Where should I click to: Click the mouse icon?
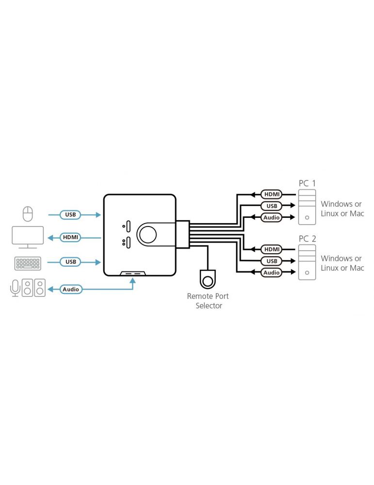[28, 214]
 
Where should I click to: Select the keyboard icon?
[28, 262]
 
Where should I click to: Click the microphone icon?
[15, 287]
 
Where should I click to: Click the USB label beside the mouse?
[70, 214]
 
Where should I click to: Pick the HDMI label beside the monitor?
[70, 238]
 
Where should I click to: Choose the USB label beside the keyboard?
[70, 262]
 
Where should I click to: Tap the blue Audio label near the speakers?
[71, 289]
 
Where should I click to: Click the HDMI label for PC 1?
[271, 194]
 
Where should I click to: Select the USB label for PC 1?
[271, 206]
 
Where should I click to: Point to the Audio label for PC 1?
[271, 217]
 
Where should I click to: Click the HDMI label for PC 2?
[271, 249]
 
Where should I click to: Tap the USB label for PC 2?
[271, 261]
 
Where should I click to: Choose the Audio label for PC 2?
[271, 273]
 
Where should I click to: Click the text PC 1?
[307, 183]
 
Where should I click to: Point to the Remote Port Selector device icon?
[209, 280]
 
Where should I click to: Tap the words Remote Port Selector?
[209, 301]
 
